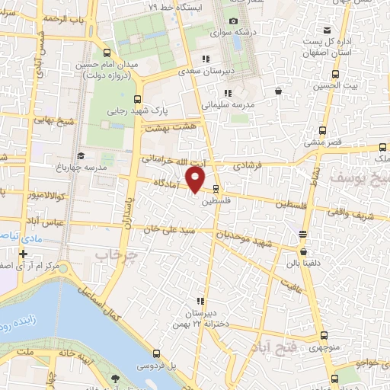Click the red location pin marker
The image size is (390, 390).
tap(196, 180)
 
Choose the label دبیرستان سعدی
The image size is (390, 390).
tap(203, 72)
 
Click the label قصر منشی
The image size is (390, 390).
tap(323, 142)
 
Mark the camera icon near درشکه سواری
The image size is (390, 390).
tap(233, 21)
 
